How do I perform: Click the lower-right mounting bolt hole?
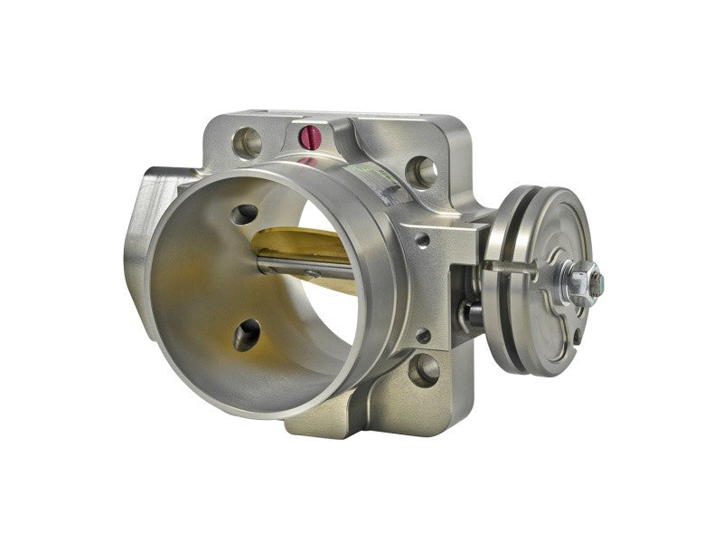pos(423,368)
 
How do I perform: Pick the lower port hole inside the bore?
pos(245,336)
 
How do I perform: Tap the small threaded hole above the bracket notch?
pos(422,241)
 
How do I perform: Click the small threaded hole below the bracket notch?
pos(422,335)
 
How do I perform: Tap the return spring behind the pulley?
pos(473,312)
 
